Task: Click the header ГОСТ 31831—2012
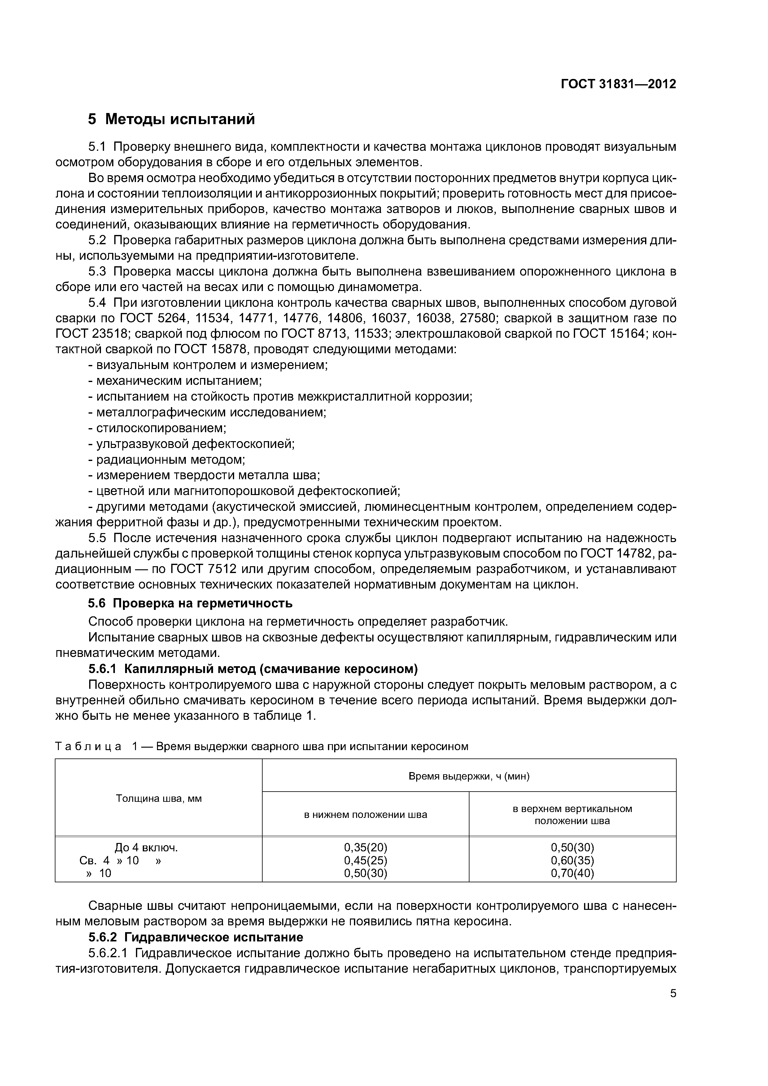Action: [618, 84]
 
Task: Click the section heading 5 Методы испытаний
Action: [171, 119]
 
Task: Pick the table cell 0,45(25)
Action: [365, 860]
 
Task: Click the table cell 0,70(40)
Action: [572, 873]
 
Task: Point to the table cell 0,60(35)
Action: [572, 860]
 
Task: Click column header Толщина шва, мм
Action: [159, 798]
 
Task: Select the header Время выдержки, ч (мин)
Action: [469, 776]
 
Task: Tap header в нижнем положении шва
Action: [365, 814]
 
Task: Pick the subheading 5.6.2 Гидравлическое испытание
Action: [195, 937]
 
